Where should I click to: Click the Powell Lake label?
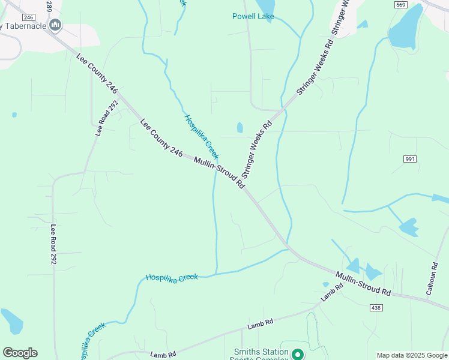point(253,16)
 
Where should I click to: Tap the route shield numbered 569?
point(401,5)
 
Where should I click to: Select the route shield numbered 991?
point(410,158)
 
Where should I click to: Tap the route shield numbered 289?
point(49,6)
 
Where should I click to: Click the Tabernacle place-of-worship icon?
point(56,25)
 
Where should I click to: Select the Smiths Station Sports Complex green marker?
point(297,355)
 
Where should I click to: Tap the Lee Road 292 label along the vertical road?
point(53,245)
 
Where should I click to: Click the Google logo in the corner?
point(20,353)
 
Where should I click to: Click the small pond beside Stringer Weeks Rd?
point(240,127)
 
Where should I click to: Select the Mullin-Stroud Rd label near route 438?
point(363,284)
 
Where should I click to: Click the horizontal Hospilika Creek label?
point(172,277)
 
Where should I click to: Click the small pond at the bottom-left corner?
point(11,321)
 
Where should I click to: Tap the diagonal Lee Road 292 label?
point(107,118)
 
